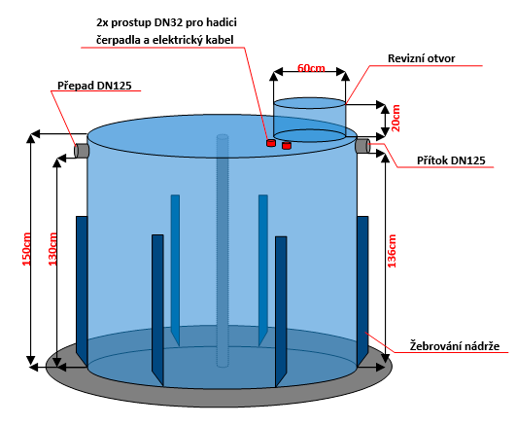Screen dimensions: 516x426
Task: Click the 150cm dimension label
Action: click(x=27, y=249)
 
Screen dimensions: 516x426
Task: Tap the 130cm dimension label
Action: click(x=52, y=249)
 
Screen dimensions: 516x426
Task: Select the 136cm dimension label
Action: click(x=392, y=251)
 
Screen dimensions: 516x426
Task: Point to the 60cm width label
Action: click(x=311, y=68)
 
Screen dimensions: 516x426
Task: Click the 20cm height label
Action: click(x=396, y=118)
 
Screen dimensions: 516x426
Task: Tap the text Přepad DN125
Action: click(x=94, y=86)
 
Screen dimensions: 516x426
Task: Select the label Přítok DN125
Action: click(x=451, y=160)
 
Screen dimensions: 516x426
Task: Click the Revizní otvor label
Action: click(x=421, y=58)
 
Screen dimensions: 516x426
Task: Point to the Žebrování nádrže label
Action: click(x=455, y=346)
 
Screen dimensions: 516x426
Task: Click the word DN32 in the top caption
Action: click(x=167, y=22)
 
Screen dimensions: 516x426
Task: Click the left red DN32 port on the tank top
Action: click(x=271, y=143)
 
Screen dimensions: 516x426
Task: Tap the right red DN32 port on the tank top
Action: click(x=287, y=145)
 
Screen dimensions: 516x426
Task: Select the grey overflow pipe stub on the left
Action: click(x=82, y=151)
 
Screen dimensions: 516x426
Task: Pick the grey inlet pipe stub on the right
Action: click(x=362, y=146)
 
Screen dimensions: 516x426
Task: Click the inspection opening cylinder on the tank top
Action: click(x=310, y=120)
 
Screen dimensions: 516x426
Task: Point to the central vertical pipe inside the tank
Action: click(x=223, y=250)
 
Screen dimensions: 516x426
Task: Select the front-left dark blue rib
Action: click(x=157, y=309)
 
